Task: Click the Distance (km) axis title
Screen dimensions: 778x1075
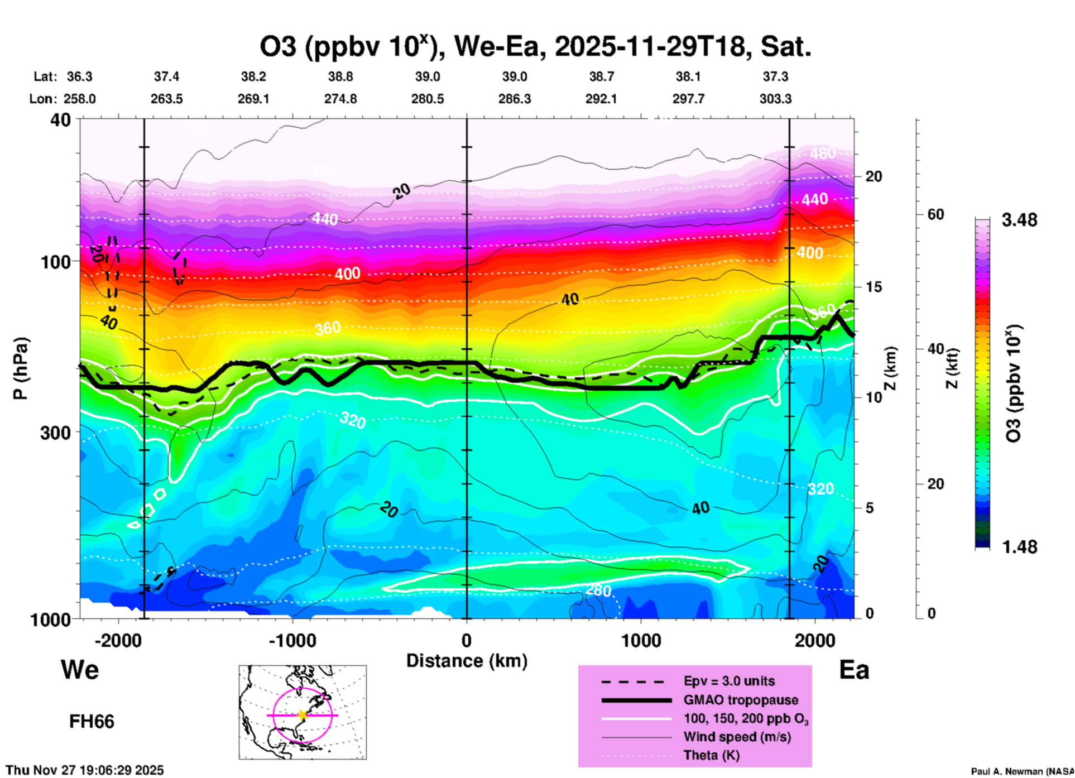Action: click(x=467, y=661)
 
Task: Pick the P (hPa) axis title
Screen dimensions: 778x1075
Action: click(x=21, y=368)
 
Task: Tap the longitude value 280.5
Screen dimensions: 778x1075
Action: click(x=428, y=99)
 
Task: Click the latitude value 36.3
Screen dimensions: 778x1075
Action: click(x=79, y=76)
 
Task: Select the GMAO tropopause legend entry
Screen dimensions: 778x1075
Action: click(x=741, y=700)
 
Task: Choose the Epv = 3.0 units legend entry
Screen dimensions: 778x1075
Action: click(x=729, y=681)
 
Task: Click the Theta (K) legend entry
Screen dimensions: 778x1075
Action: click(x=711, y=755)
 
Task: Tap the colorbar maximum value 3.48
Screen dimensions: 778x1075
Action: click(x=1019, y=220)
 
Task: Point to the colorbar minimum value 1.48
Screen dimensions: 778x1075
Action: click(x=1019, y=547)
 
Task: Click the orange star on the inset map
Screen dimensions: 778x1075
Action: click(x=303, y=715)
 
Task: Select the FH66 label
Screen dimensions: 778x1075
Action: click(x=92, y=722)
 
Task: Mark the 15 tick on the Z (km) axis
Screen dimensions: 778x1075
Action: click(x=874, y=287)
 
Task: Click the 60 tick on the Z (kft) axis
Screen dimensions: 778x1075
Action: click(x=935, y=214)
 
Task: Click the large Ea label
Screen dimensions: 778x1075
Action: click(x=854, y=670)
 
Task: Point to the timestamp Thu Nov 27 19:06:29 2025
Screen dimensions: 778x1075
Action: click(x=85, y=770)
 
